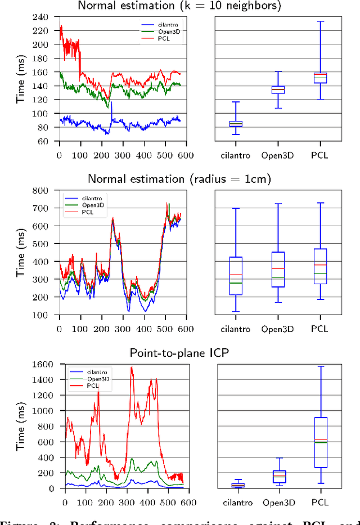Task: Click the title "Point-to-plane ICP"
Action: pyautogui.click(x=179, y=353)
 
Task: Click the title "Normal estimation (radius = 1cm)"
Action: pyautogui.click(x=179, y=179)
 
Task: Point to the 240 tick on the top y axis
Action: pyautogui.click(x=48, y=17)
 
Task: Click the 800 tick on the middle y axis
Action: pyautogui.click(x=48, y=190)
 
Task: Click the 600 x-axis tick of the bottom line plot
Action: pyautogui.click(x=190, y=497)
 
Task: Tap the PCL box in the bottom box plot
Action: pyautogui.click(x=320, y=442)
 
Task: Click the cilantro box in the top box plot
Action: pyautogui.click(x=236, y=123)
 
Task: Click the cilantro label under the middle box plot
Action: pyautogui.click(x=236, y=328)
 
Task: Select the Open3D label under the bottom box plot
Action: pyautogui.click(x=278, y=502)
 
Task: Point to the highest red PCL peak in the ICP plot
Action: pyautogui.click(x=132, y=367)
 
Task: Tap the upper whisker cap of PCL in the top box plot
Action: pyautogui.click(x=320, y=21)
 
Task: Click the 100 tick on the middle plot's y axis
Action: pyautogui.click(x=48, y=315)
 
